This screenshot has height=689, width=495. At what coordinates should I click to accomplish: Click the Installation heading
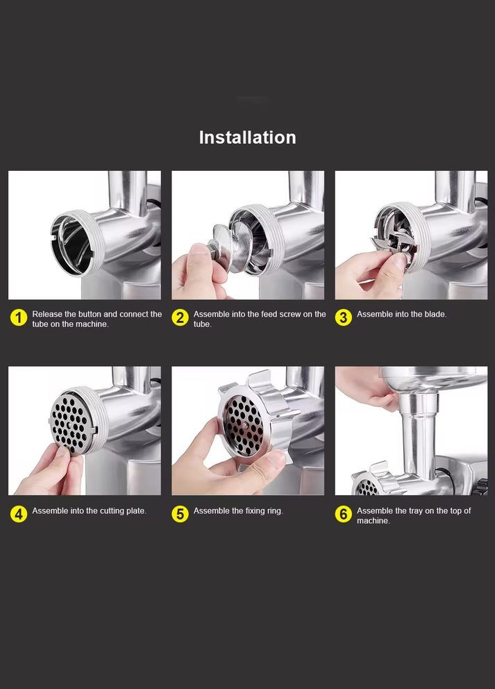coord(247,137)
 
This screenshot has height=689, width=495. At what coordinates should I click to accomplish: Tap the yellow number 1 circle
coord(19,317)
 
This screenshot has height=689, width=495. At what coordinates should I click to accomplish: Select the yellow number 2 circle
coord(180,317)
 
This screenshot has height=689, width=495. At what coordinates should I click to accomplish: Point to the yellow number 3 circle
coord(344,317)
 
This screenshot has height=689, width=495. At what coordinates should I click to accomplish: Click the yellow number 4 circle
coord(19,514)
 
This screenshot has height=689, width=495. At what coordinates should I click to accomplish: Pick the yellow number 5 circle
coord(180,514)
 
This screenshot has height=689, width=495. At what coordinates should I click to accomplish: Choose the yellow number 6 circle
coord(344,514)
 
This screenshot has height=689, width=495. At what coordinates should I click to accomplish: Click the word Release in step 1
coord(47,314)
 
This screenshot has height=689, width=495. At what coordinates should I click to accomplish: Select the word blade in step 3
coord(435,314)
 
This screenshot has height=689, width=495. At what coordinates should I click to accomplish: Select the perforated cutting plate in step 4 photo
coord(71,423)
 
